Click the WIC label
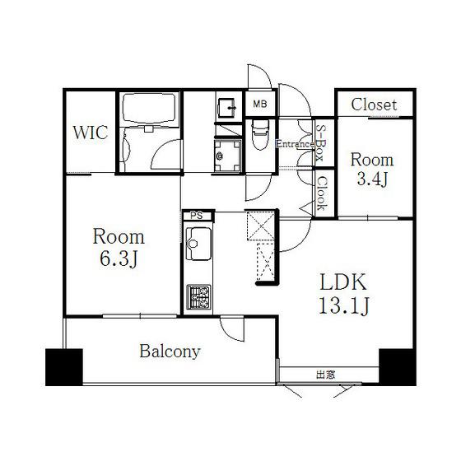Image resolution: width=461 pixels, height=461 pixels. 91,133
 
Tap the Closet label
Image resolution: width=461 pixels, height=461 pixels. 374,105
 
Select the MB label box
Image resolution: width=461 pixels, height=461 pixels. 260,104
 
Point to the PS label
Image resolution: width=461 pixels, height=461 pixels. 197,216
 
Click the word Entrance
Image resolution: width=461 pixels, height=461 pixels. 296,144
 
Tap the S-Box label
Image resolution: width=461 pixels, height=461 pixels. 319,142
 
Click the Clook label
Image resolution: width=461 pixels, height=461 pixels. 322,193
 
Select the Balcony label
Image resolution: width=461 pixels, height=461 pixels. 170,352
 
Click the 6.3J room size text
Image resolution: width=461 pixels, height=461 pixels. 119,259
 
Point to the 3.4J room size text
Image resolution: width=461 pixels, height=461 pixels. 372,179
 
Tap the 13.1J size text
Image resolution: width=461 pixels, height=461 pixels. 344,305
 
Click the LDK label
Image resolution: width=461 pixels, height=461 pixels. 343,282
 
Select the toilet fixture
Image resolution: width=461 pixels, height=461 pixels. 260,134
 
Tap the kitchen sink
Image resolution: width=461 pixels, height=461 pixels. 198,244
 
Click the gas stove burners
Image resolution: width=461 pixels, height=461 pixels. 199,297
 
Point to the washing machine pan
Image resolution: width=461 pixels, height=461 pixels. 228,156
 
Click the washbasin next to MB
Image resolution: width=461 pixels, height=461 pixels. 227,108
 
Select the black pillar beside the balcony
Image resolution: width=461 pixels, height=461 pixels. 64,367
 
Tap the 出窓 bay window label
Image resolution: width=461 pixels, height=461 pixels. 326,375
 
